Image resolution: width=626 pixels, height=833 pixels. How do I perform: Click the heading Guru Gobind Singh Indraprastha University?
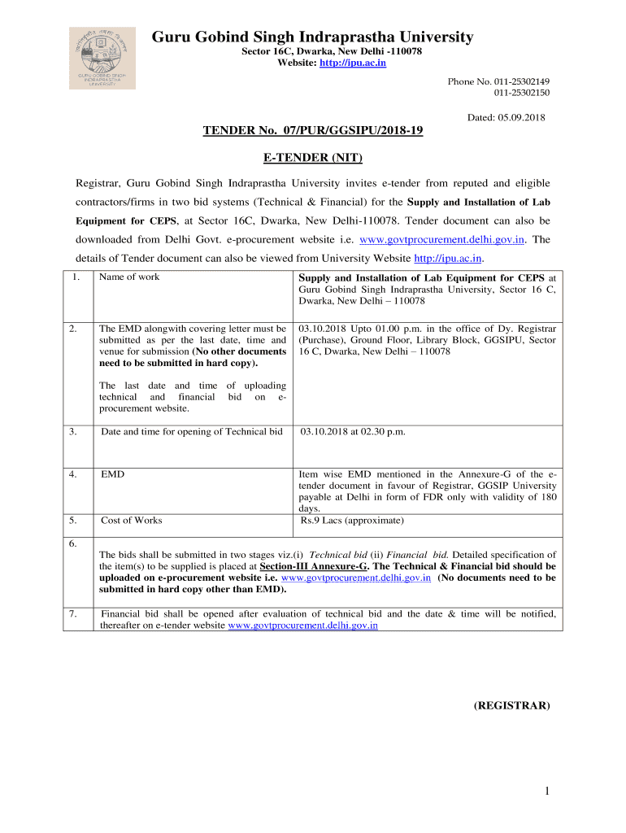(x=312, y=37)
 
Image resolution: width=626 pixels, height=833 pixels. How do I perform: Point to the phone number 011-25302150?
(x=520, y=93)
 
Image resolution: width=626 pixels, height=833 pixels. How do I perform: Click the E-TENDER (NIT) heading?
(x=312, y=157)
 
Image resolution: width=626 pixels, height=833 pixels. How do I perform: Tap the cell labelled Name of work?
(x=129, y=277)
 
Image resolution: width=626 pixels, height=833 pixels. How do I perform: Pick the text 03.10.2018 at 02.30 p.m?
(x=352, y=431)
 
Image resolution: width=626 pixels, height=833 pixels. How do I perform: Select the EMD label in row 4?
(x=112, y=473)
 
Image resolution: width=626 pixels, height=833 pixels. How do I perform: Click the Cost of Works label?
(x=131, y=520)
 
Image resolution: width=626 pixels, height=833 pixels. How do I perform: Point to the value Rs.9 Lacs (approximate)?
(x=352, y=520)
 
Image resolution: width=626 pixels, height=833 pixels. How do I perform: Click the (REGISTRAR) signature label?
(x=512, y=706)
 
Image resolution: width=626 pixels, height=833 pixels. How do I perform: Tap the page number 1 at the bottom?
(x=549, y=791)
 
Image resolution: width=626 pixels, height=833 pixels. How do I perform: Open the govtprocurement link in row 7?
(x=303, y=626)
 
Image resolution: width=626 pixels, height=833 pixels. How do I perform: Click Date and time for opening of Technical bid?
(x=192, y=431)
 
